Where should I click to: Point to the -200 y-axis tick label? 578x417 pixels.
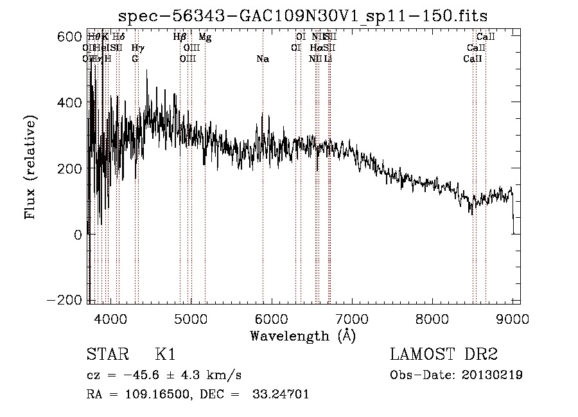tap(66, 300)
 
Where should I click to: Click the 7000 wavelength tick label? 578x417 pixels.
tap(352, 319)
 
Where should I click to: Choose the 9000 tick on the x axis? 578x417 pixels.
tap(512, 319)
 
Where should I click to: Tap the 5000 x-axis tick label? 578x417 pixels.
tap(191, 319)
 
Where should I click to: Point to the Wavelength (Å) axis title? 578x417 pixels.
tap(302, 335)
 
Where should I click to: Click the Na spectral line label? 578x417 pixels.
tap(262, 59)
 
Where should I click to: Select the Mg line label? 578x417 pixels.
tap(205, 37)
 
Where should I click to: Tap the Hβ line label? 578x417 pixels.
tap(180, 37)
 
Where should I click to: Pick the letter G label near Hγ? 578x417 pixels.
tap(135, 59)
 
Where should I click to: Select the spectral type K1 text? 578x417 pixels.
tap(165, 355)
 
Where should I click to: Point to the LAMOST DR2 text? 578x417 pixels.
tap(444, 355)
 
